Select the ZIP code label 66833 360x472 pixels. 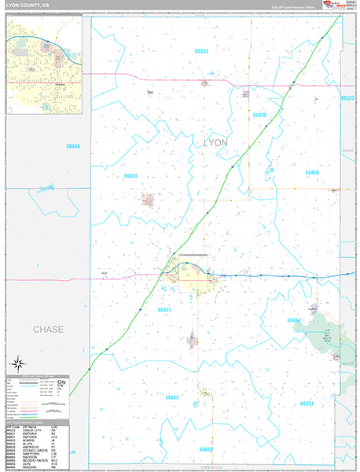pos(201,51)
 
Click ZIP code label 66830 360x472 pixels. pos(260,115)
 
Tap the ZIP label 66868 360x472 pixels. pos(312,171)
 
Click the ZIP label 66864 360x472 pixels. pos(294,320)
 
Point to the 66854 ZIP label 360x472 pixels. pos(307,403)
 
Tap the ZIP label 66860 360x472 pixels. pos(206,448)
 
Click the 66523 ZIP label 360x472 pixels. pos(348,98)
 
